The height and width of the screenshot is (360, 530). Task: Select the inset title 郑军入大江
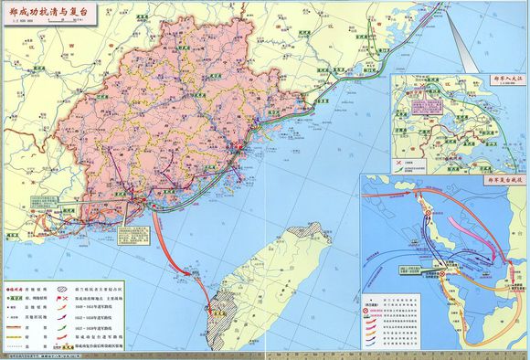pos(494,83)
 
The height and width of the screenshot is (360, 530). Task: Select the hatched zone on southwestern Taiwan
pos(219,316)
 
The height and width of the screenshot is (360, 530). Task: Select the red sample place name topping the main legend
pos(19,285)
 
